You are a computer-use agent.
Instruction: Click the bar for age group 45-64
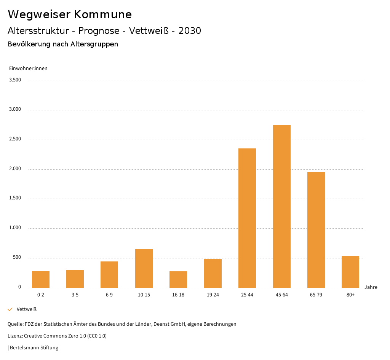click(x=281, y=206)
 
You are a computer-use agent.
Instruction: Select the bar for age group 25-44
click(x=247, y=218)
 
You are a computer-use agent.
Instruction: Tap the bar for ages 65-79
click(x=316, y=230)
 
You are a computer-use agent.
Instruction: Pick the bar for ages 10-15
click(x=144, y=268)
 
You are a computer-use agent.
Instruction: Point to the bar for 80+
click(x=350, y=272)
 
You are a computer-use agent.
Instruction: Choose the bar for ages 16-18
click(x=178, y=279)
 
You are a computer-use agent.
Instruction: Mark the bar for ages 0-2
click(x=41, y=279)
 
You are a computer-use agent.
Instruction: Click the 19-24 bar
click(x=213, y=273)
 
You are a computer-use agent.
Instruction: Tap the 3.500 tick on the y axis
click(x=15, y=80)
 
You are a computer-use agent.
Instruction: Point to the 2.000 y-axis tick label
click(x=15, y=169)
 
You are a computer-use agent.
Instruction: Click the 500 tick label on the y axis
click(x=17, y=258)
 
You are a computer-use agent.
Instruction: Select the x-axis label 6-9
click(x=109, y=295)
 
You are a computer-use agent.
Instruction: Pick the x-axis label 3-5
click(x=75, y=295)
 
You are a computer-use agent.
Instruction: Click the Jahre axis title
click(x=371, y=287)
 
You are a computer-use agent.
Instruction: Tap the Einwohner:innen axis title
click(x=28, y=68)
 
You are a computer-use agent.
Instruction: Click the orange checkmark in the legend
click(x=10, y=309)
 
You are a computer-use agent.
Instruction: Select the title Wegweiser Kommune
click(x=70, y=14)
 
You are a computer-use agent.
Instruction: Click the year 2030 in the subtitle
click(x=190, y=31)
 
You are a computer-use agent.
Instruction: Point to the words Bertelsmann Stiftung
click(x=34, y=347)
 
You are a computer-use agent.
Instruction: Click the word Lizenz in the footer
click(x=15, y=336)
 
